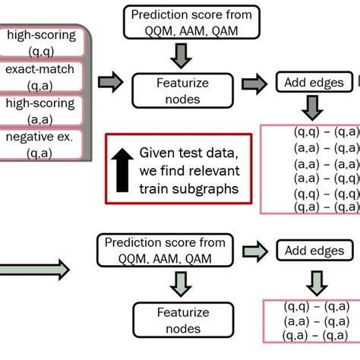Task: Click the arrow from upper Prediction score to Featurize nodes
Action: click(x=180, y=55)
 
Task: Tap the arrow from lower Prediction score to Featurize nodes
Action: click(x=180, y=283)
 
